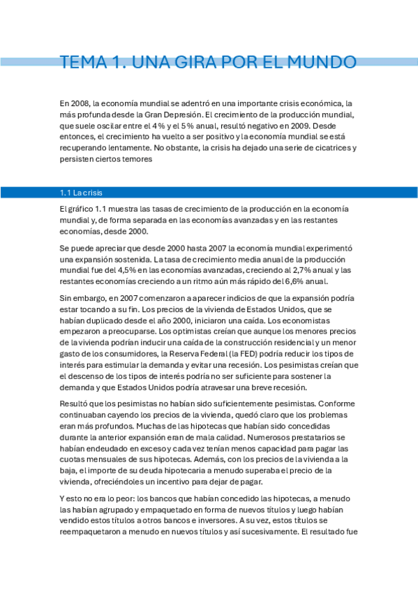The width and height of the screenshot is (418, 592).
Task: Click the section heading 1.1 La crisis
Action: click(x=84, y=192)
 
